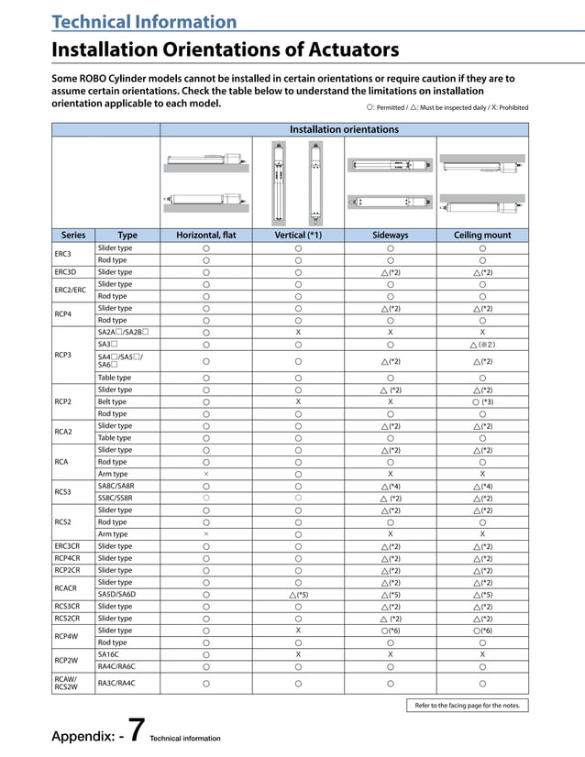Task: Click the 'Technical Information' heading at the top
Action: click(143, 21)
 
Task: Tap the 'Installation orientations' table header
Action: click(344, 129)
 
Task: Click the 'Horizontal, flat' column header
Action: click(205, 236)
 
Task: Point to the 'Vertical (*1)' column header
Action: click(298, 236)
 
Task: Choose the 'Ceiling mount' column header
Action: click(482, 236)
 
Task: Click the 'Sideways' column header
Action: click(390, 236)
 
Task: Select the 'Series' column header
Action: click(72, 236)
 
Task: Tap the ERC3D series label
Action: click(65, 272)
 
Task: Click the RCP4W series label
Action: click(66, 636)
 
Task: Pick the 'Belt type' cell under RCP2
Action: click(113, 401)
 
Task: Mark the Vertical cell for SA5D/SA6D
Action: click(298, 594)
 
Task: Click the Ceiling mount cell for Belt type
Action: click(482, 401)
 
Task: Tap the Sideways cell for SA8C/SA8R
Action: click(390, 486)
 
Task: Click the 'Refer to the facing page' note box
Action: click(467, 706)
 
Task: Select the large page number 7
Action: click(134, 730)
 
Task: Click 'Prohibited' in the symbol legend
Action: click(512, 107)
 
